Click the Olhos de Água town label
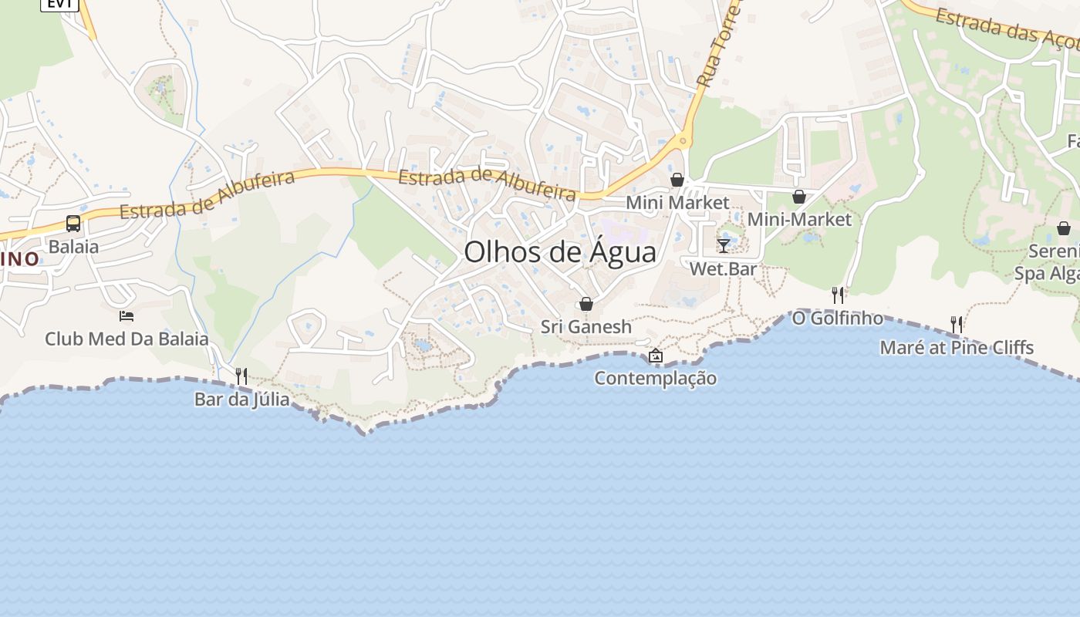(560, 252)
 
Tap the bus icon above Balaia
(73, 224)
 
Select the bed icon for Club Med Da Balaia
(127, 315)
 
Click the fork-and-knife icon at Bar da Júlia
(241, 376)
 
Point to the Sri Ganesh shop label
(586, 326)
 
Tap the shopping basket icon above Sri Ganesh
(586, 304)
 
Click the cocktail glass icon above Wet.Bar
(723, 245)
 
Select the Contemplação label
(656, 378)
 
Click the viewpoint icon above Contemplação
(656, 356)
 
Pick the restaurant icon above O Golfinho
(838, 295)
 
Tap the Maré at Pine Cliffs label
(957, 347)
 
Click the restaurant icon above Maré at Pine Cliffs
(957, 324)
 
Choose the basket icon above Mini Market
(677, 180)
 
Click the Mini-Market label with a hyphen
(799, 219)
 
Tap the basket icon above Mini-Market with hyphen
(799, 197)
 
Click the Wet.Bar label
(723, 269)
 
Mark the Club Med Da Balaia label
(127, 339)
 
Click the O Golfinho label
(838, 318)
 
